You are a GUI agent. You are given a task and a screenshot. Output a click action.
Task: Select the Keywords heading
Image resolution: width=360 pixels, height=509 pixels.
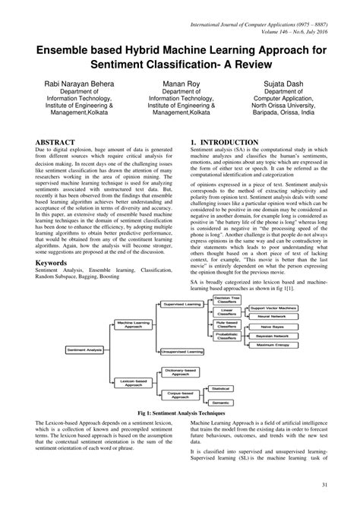(x=57, y=262)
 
